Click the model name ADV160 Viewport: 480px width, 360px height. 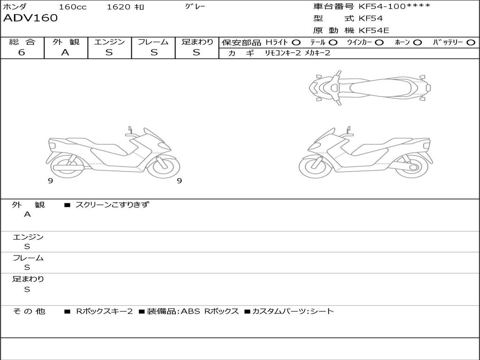pos(30,18)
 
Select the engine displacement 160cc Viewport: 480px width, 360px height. pos(73,7)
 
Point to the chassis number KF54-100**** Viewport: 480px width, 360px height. pos(395,6)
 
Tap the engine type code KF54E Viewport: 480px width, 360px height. pos(374,30)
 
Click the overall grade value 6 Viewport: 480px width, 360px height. pos(22,52)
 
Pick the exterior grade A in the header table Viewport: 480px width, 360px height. pos(65,52)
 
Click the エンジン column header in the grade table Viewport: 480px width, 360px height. pos(109,42)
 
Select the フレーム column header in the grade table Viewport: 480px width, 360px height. pos(153,42)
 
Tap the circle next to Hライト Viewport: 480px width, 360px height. pos(296,43)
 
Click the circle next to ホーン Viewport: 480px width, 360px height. pos(418,43)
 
